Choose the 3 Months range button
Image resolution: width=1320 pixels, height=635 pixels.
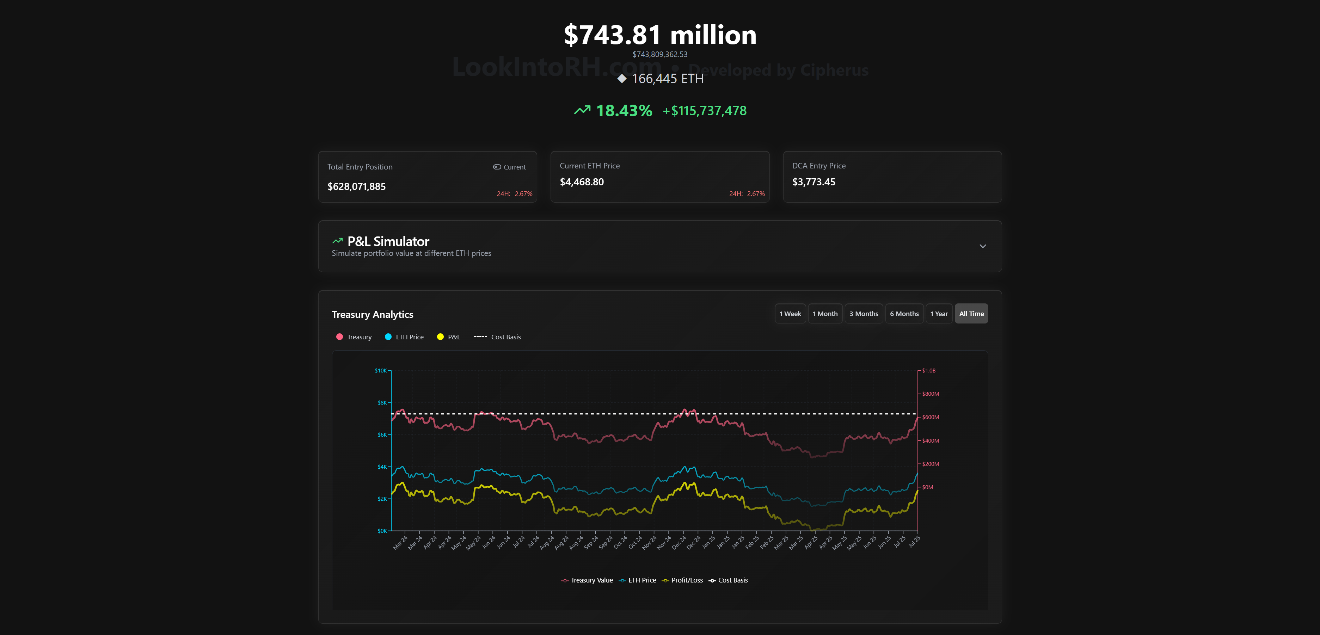[864, 314]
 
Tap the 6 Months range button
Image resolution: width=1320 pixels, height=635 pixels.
[904, 314]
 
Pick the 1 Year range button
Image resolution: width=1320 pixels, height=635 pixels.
[939, 314]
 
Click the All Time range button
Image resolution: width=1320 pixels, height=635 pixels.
[971, 314]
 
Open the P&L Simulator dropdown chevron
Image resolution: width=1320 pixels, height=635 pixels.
[982, 246]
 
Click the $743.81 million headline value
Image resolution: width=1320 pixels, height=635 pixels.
[659, 35]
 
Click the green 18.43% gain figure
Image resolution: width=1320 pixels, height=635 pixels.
[624, 111]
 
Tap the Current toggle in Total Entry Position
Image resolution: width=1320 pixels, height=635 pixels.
[509, 167]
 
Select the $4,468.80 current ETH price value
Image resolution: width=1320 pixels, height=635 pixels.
[582, 182]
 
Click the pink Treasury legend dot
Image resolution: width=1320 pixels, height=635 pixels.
[339, 337]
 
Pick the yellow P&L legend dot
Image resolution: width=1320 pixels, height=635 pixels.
[440, 337]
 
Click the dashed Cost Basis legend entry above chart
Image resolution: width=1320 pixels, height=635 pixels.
[497, 337]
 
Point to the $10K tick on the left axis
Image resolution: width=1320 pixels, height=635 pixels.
[381, 371]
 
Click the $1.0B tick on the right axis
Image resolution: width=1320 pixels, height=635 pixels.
[928, 371]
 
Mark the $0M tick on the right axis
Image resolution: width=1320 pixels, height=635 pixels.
[927, 487]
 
